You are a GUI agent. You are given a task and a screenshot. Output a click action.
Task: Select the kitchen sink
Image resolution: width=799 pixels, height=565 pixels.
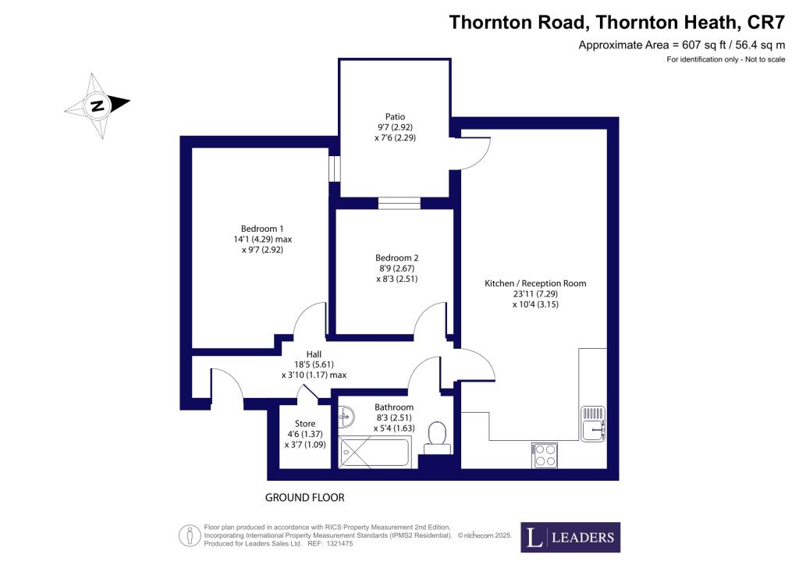[x=593, y=424]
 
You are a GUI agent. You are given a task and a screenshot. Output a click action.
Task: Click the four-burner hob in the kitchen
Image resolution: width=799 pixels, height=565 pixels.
[x=545, y=455]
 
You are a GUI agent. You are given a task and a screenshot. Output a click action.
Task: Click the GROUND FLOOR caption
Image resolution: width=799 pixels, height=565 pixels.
[x=305, y=497]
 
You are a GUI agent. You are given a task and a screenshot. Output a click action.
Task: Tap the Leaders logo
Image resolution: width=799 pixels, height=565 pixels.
[x=570, y=537]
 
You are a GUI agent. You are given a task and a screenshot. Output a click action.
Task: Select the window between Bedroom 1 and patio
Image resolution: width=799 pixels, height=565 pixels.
[x=334, y=168]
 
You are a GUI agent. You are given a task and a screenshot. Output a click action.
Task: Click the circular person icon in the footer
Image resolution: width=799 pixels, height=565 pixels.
[x=188, y=536]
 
